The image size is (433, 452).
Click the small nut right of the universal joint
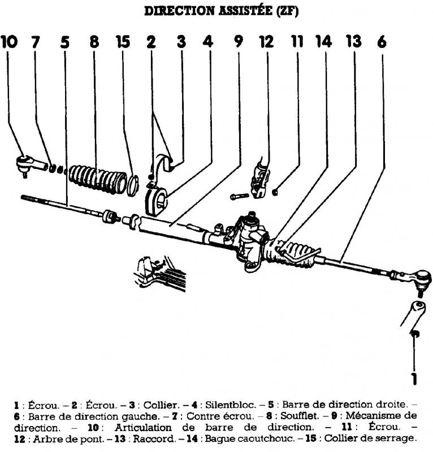(274, 192)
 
